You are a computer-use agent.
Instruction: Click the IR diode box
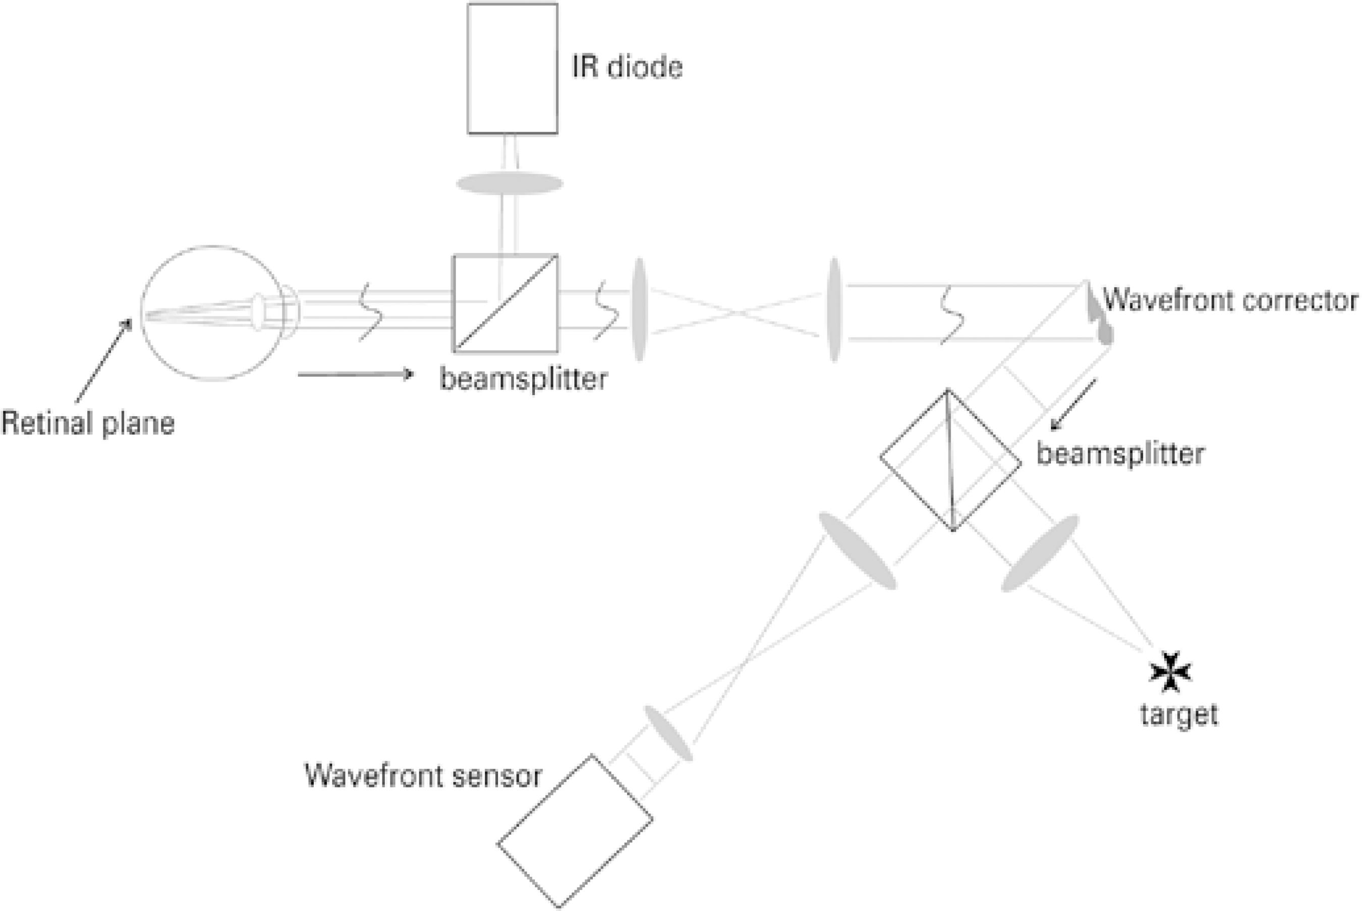pos(512,69)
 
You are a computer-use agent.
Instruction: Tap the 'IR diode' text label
pos(627,68)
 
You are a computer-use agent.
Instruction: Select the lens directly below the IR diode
pos(509,184)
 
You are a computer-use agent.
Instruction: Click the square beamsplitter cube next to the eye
pos(505,303)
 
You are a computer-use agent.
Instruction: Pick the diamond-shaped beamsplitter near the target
pos(950,460)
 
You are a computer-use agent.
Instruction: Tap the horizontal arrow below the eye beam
pos(356,374)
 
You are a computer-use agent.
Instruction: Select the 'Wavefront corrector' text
pos(1230,301)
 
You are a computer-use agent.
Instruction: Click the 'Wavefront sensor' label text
pos(423,776)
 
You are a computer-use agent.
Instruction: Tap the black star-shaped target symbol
pos(1170,672)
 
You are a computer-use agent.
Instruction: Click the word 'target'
pos(1179,714)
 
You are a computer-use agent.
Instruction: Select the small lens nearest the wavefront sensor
pos(669,733)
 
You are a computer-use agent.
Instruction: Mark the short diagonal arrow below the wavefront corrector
pos(1074,405)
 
